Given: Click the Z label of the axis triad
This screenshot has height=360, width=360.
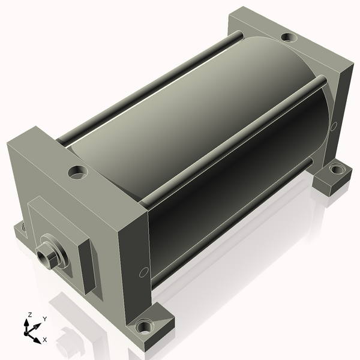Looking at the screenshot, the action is pos(29,315).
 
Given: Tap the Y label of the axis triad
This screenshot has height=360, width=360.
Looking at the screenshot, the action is pos(45,319).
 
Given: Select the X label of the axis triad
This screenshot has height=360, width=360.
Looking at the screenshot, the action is pos(45,340).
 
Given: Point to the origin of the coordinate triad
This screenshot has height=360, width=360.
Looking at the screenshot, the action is pos(26,333).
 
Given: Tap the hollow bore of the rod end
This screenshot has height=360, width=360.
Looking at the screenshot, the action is pos(43,257).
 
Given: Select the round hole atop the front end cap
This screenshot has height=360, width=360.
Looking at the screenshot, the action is pos(78,172).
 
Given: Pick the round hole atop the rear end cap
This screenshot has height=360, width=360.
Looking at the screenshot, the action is pos(289,37).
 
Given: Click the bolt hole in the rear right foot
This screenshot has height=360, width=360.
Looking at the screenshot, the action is pos(336,169).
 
